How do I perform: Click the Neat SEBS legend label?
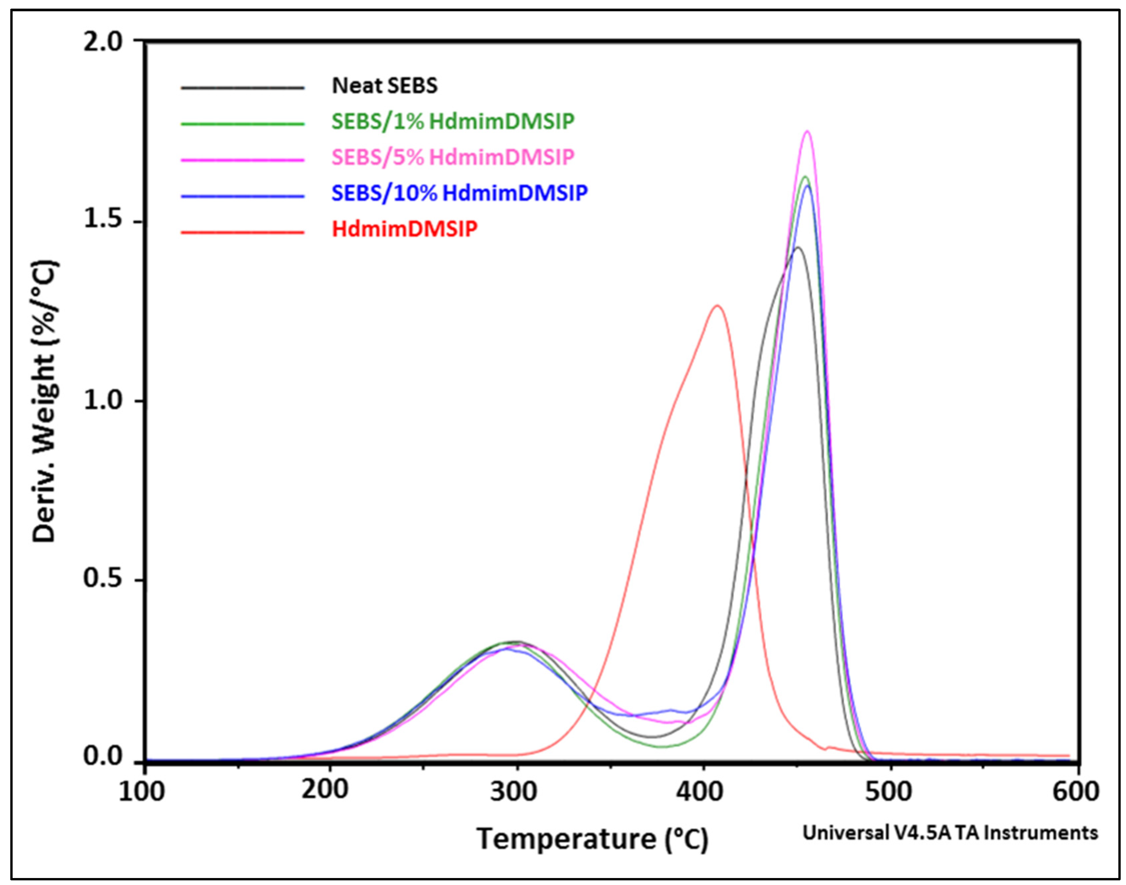click(385, 86)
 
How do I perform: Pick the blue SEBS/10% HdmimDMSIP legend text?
click(459, 193)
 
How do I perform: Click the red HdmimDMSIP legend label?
click(404, 229)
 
